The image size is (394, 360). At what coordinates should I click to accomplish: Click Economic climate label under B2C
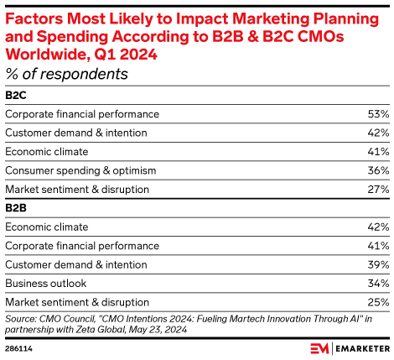tap(47, 152)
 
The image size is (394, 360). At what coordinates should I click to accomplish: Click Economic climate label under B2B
tap(47, 227)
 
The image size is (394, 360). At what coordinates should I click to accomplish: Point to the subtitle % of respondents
tap(66, 75)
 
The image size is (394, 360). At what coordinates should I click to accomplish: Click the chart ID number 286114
tap(18, 347)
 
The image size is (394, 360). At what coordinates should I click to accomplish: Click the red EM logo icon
tap(319, 347)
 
